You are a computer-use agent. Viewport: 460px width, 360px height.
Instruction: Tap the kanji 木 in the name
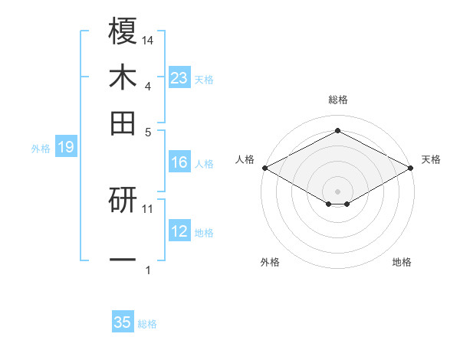[123, 77]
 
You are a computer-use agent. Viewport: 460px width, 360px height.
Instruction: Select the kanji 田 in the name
[123, 123]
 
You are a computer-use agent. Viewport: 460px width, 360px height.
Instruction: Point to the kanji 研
[123, 201]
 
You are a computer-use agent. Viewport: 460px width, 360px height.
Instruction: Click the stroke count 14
[148, 39]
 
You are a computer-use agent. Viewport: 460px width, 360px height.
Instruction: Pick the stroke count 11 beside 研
[148, 208]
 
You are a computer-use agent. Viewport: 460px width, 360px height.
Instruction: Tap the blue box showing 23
[179, 77]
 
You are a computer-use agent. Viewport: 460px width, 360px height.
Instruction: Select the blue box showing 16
[179, 162]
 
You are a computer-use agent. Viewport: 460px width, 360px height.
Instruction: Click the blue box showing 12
[179, 231]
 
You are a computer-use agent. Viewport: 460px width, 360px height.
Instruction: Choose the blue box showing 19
[65, 147]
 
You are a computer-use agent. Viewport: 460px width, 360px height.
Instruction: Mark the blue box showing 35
[123, 322]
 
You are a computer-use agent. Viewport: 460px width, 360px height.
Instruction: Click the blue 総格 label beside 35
[147, 324]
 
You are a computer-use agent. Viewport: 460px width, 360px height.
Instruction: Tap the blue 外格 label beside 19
[41, 149]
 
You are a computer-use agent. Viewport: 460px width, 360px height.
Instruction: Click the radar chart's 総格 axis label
[338, 100]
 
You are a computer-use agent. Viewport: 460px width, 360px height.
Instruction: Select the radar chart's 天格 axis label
[432, 159]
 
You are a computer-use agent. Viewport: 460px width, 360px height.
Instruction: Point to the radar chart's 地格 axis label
[402, 262]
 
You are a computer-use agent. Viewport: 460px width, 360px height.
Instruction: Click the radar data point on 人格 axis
[264, 167]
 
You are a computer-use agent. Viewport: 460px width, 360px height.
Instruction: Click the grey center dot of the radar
[338, 191]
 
